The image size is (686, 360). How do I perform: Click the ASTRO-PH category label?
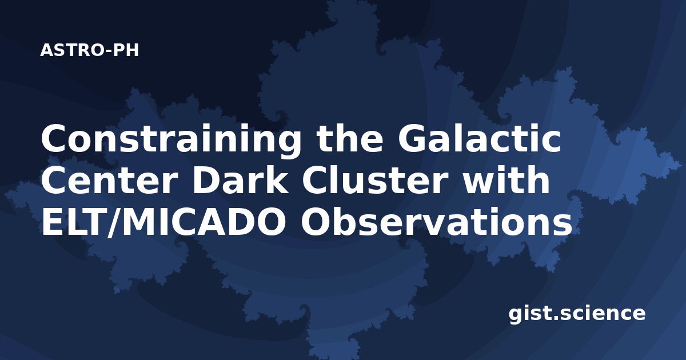coord(89,50)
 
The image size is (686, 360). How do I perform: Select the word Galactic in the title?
coord(480,138)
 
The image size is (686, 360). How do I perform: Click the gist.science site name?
coord(577,314)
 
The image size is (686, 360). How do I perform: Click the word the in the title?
coord(350,138)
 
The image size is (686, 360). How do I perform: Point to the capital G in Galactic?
coord(413,138)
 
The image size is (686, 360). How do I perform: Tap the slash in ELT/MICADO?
coord(114,223)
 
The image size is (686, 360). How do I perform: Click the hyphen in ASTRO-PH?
coord(109,51)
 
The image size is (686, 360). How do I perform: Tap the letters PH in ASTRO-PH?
coord(126,50)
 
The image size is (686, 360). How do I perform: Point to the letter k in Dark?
coord(277,179)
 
